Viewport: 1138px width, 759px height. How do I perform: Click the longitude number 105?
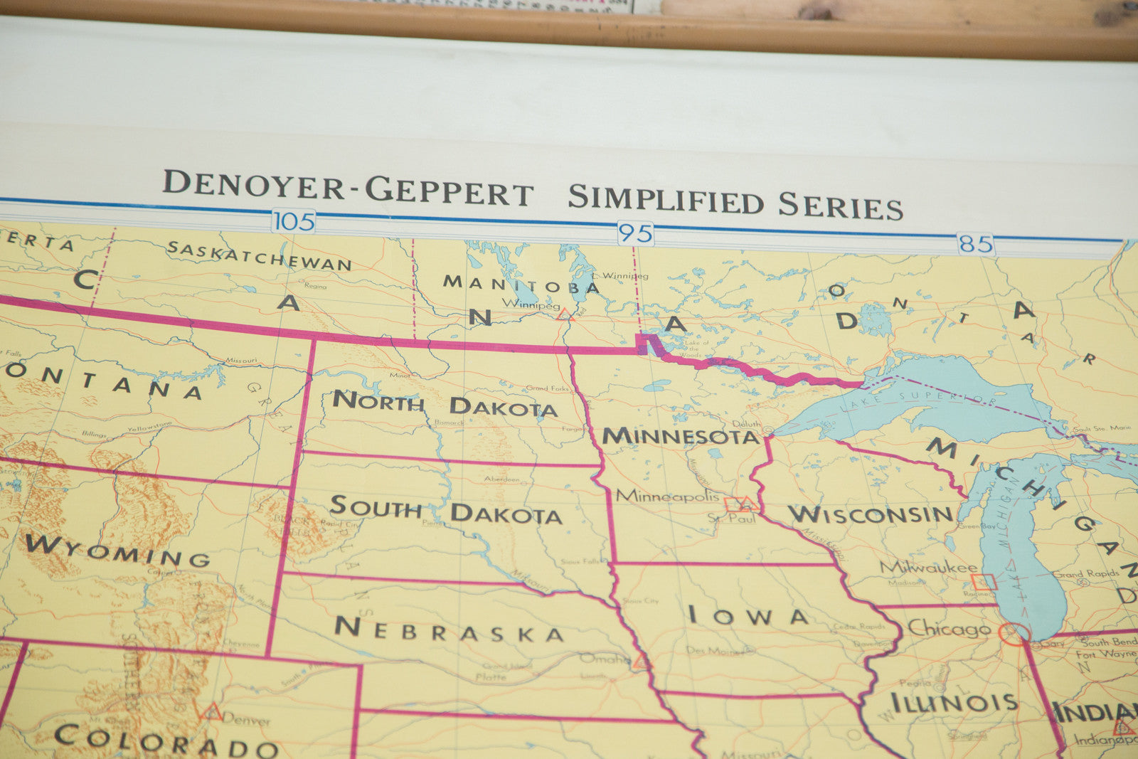pyautogui.click(x=294, y=221)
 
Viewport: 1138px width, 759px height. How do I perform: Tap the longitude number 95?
pyautogui.click(x=635, y=233)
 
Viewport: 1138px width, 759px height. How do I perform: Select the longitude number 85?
pyautogui.click(x=975, y=245)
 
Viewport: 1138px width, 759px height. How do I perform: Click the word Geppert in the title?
pyautogui.click(x=449, y=191)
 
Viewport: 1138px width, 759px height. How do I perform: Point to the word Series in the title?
pyautogui.click(x=840, y=205)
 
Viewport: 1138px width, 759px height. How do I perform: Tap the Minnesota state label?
pyautogui.click(x=681, y=436)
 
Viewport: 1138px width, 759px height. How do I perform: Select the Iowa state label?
pyautogui.click(x=748, y=615)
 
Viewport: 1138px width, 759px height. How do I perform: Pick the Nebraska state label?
pyautogui.click(x=450, y=630)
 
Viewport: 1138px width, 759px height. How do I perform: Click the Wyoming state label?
pyautogui.click(x=117, y=551)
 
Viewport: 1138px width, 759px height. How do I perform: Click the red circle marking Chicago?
pyautogui.click(x=1014, y=632)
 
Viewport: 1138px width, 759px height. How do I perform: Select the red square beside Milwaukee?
pyautogui.click(x=984, y=582)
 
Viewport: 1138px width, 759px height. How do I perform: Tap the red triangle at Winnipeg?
pyautogui.click(x=565, y=314)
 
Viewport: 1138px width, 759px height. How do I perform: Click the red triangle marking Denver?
pyautogui.click(x=211, y=711)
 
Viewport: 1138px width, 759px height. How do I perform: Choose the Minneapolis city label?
pyautogui.click(x=668, y=496)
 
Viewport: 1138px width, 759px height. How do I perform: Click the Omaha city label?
pyautogui.click(x=604, y=659)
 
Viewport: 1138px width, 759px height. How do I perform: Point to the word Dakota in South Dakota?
pyautogui.click(x=506, y=514)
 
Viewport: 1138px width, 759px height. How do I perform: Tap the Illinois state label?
pyautogui.click(x=953, y=703)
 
